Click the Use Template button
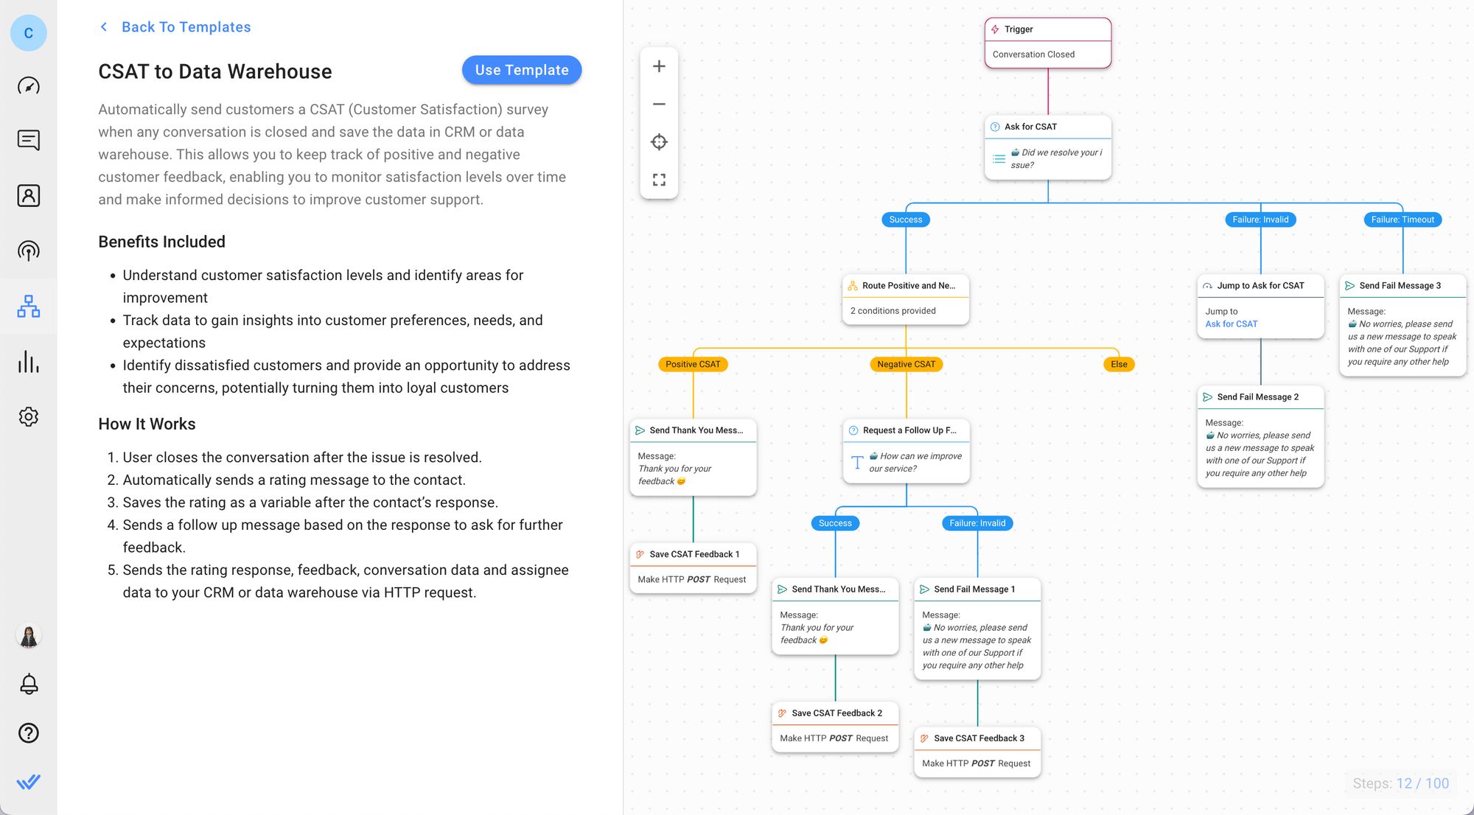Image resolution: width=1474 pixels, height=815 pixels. point(521,70)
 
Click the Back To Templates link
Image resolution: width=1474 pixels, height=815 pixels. point(185,27)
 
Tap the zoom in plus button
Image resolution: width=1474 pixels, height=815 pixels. point(659,66)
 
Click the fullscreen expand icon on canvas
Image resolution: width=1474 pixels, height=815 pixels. point(659,180)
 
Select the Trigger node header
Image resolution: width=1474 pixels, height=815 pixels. point(1047,29)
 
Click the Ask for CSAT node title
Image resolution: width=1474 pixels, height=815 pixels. point(1030,127)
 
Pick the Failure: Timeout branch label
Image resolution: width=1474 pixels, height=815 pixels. point(1402,220)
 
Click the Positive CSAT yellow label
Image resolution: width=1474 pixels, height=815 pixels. point(693,364)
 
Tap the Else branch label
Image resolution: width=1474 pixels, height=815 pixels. point(1118,364)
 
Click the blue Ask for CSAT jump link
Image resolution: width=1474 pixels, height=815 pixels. point(1231,324)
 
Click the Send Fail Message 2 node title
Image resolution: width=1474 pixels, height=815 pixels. point(1257,397)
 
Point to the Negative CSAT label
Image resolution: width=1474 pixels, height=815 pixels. point(906,364)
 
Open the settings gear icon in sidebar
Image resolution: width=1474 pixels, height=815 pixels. point(29,416)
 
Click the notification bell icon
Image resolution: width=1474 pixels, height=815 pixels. point(29,684)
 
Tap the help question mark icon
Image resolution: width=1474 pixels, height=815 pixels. point(29,732)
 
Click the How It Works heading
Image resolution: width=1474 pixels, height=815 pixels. point(147,424)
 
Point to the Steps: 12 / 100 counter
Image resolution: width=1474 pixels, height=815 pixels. point(1400,783)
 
